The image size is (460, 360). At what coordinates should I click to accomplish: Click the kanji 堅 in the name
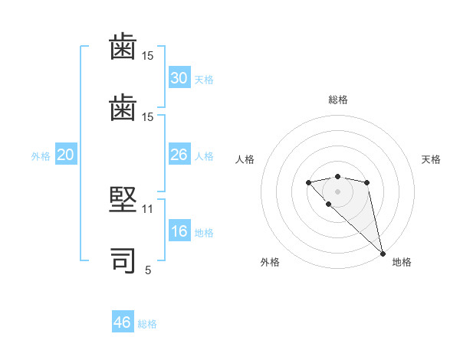pos(123,201)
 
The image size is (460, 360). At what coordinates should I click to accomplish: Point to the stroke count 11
pos(148,208)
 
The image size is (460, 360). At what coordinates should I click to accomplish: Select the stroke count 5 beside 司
pos(148,270)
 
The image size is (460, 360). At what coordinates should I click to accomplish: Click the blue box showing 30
pos(179,78)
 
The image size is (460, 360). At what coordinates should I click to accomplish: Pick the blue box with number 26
pos(179,155)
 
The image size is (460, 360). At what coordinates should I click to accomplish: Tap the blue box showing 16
pos(179,232)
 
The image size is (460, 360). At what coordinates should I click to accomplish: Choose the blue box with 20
pos(66,155)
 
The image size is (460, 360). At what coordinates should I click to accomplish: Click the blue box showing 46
pos(123,322)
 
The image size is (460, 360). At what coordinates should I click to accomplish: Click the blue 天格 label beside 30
pos(204,80)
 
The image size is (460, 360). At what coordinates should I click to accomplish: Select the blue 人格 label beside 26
pos(204,156)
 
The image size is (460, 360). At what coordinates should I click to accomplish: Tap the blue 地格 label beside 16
pos(204,233)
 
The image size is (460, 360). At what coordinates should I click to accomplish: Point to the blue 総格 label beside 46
pos(147,324)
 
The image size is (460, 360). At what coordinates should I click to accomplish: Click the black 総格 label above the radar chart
pos(337,100)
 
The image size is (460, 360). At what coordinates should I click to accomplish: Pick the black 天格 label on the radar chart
pos(431,159)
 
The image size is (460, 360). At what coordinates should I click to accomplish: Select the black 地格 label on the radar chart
pos(402,262)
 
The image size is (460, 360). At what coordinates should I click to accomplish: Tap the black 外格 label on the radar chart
pos(270,262)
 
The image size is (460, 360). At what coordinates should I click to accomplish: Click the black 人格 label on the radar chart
pos(245,159)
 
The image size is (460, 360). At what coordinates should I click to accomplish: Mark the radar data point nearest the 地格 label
pos(383,253)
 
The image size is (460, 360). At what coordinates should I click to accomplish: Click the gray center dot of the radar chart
pos(337,191)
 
